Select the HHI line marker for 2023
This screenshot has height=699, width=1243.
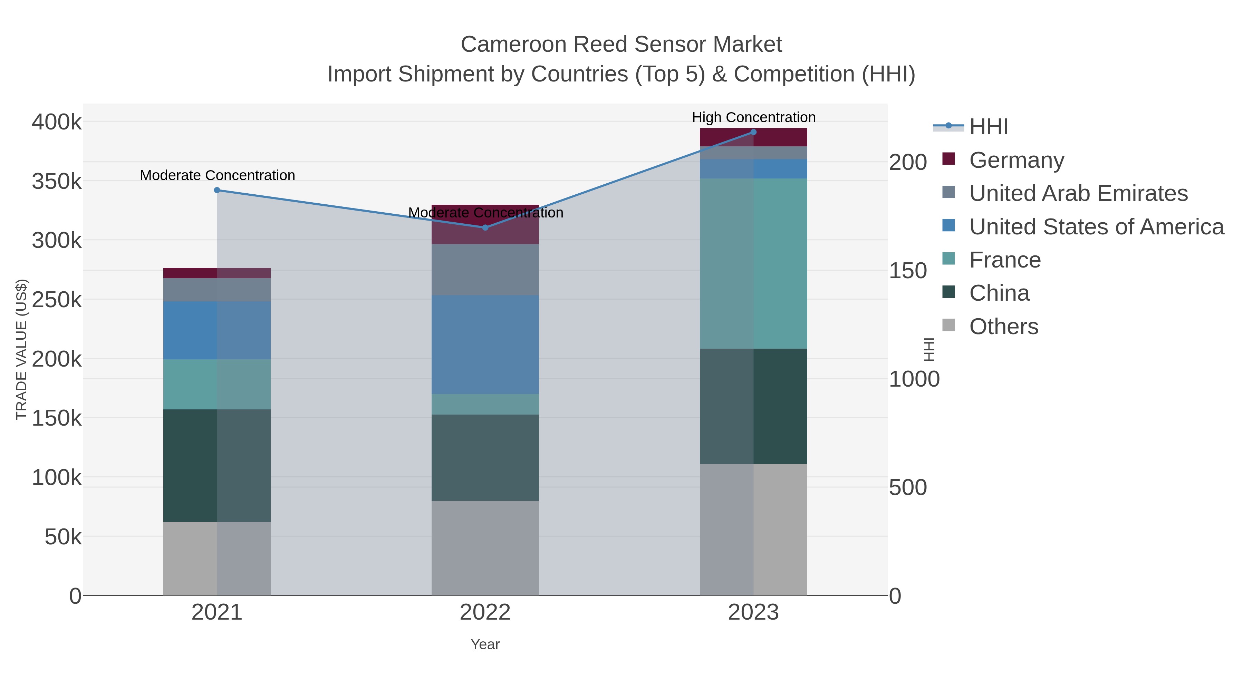pos(753,132)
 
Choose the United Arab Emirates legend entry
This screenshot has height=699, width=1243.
pos(1078,193)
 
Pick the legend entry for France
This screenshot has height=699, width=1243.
pos(1005,260)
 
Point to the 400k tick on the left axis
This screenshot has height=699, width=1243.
pos(57,122)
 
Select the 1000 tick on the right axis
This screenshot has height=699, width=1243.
pos(914,379)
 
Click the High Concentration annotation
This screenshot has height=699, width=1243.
pos(753,117)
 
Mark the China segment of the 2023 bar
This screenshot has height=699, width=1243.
pos(753,406)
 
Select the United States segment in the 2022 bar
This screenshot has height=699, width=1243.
pos(485,344)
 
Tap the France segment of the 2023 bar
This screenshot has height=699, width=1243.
pos(753,263)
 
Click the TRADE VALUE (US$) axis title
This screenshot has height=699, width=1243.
pos(21,349)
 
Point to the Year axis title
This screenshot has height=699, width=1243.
pos(485,644)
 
